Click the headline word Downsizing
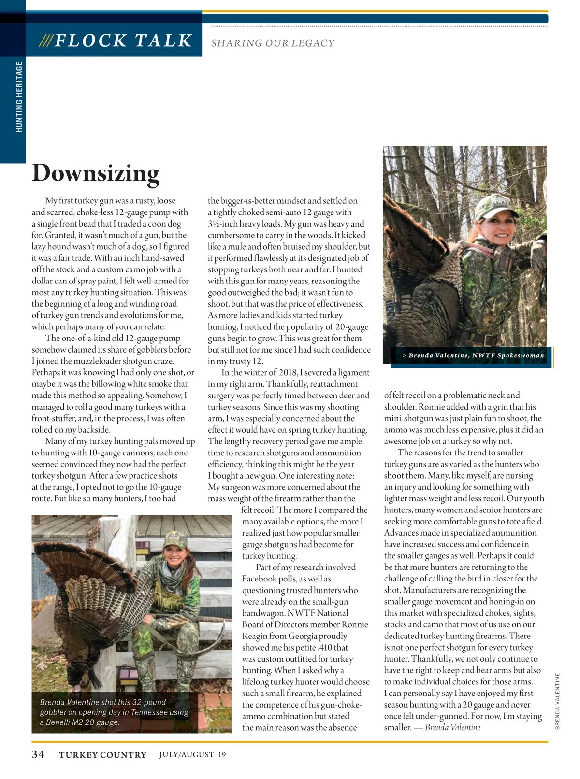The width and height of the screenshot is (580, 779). click(96, 173)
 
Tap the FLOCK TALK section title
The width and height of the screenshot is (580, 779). click(123, 41)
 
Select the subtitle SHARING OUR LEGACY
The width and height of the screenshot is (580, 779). click(273, 43)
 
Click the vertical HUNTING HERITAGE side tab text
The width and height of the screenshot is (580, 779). click(19, 97)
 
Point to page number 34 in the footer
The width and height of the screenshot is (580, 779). click(38, 754)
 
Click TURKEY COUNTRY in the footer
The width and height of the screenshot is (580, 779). click(102, 755)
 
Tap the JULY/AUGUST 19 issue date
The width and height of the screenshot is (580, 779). click(192, 754)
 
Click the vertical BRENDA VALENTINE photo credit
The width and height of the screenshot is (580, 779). click(557, 701)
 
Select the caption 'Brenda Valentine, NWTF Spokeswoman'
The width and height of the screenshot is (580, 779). click(476, 355)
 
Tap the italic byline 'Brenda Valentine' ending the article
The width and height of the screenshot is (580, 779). click(452, 728)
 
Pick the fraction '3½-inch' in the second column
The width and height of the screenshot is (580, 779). click(223, 224)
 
